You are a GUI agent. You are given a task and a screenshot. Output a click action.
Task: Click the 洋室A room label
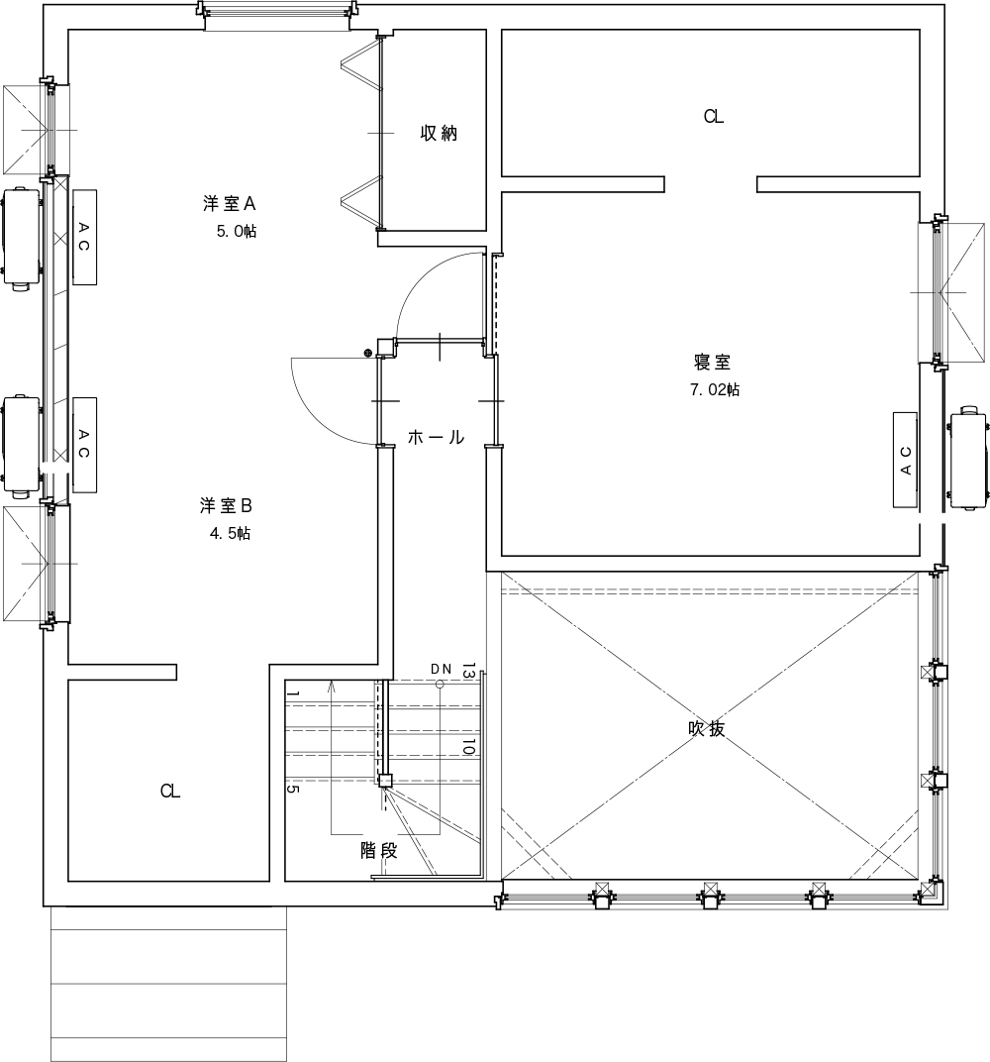[229, 203]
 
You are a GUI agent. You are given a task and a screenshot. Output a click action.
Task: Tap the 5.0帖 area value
[237, 231]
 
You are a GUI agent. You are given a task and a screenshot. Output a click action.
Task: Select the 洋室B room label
[226, 505]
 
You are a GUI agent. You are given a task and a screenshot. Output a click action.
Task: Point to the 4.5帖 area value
[230, 533]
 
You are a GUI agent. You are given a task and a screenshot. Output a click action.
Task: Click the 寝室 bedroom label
[713, 362]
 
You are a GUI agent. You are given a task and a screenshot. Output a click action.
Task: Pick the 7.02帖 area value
[715, 389]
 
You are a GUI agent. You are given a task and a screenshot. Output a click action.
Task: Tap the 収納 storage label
[440, 133]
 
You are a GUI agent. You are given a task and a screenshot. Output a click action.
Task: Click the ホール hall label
[436, 437]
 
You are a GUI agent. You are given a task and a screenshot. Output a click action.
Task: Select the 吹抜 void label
[707, 728]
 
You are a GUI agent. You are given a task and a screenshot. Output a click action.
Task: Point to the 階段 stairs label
[378, 851]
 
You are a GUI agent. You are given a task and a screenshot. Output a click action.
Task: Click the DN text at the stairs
[442, 669]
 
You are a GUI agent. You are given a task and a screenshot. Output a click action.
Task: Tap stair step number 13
[468, 671]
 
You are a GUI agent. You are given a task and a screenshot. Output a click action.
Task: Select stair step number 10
[468, 747]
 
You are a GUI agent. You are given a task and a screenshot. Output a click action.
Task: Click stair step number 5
[292, 789]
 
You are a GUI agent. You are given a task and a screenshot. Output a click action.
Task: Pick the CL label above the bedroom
[714, 117]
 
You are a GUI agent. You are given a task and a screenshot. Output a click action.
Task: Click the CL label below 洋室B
[170, 791]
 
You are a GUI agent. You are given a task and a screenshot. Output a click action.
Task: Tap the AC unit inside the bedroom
[906, 460]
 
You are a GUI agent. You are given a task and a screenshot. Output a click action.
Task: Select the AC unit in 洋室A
[84, 237]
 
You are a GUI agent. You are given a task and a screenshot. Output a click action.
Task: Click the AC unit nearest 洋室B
[84, 445]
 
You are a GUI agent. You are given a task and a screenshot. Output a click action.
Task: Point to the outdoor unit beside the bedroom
[969, 457]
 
